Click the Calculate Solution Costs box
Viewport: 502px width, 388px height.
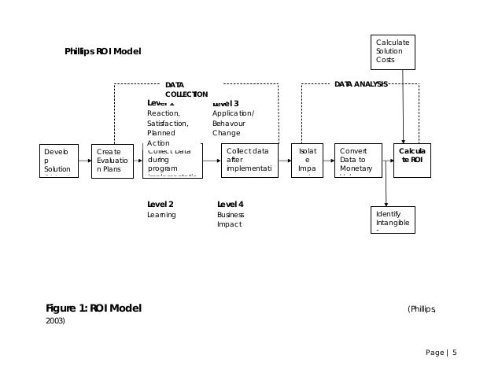point(393,52)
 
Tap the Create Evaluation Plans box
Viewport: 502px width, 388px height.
point(111,160)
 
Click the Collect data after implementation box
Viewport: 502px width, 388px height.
point(250,160)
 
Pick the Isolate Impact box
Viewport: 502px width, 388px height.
point(307,160)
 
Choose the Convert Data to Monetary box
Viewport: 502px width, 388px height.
point(358,160)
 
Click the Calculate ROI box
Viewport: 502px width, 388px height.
point(412,160)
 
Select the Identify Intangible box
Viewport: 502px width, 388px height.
point(393,220)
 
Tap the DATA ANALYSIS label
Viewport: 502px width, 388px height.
point(360,83)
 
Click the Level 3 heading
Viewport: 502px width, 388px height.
point(226,103)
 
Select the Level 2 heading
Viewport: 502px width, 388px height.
point(160,204)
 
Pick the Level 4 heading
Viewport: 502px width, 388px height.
point(230,204)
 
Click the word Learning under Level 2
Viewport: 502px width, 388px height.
point(161,215)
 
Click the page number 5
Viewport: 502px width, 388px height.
point(453,352)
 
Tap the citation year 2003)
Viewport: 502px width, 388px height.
point(55,321)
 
